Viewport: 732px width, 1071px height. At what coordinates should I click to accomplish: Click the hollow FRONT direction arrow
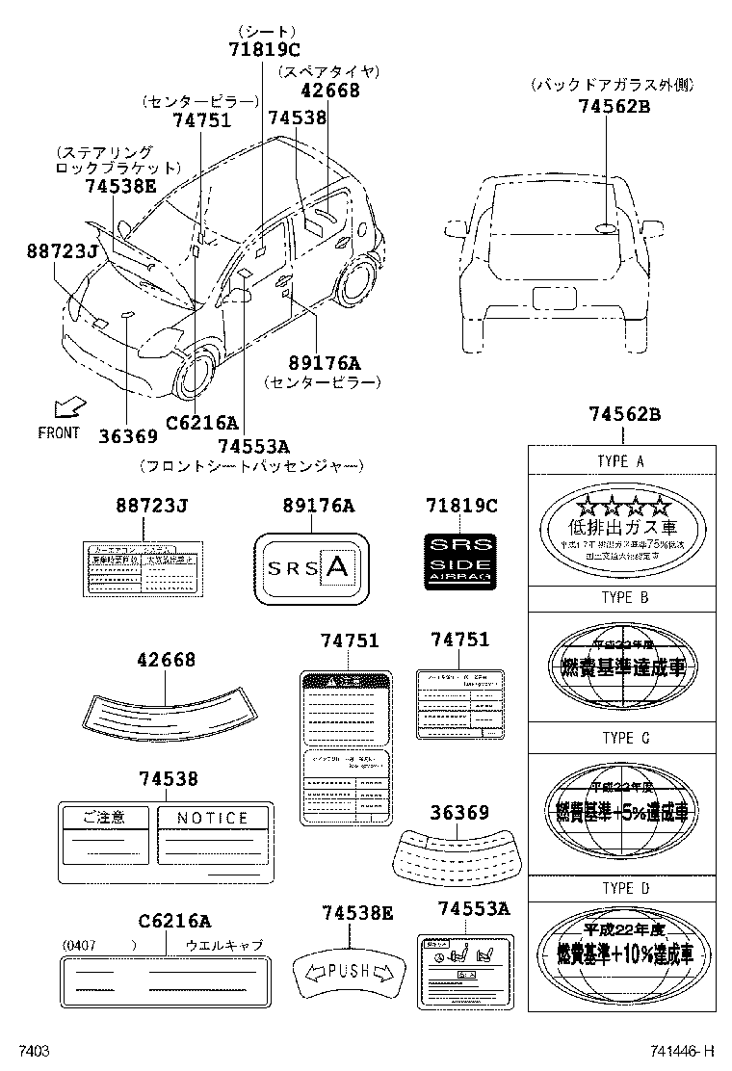click(x=69, y=407)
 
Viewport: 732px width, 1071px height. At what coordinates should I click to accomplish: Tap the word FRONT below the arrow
click(x=59, y=433)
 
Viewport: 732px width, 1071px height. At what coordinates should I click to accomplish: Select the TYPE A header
click(x=621, y=461)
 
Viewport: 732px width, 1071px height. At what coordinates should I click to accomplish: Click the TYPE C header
click(x=621, y=738)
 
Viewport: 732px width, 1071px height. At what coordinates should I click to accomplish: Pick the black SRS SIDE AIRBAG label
click(x=460, y=558)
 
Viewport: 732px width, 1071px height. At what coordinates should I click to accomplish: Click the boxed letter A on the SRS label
click(x=336, y=568)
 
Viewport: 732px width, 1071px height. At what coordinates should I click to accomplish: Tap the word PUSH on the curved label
click(x=348, y=970)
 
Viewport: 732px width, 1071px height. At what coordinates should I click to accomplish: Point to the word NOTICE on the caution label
click(x=213, y=818)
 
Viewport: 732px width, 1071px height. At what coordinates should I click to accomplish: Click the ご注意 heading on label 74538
click(x=104, y=818)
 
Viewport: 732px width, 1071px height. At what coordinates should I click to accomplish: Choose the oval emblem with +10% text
click(x=621, y=946)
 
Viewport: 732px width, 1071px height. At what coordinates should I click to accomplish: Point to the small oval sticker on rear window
click(x=605, y=227)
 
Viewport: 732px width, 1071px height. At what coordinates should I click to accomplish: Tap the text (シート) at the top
click(x=265, y=31)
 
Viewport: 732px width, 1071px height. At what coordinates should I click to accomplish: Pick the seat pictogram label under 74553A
click(x=465, y=971)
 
